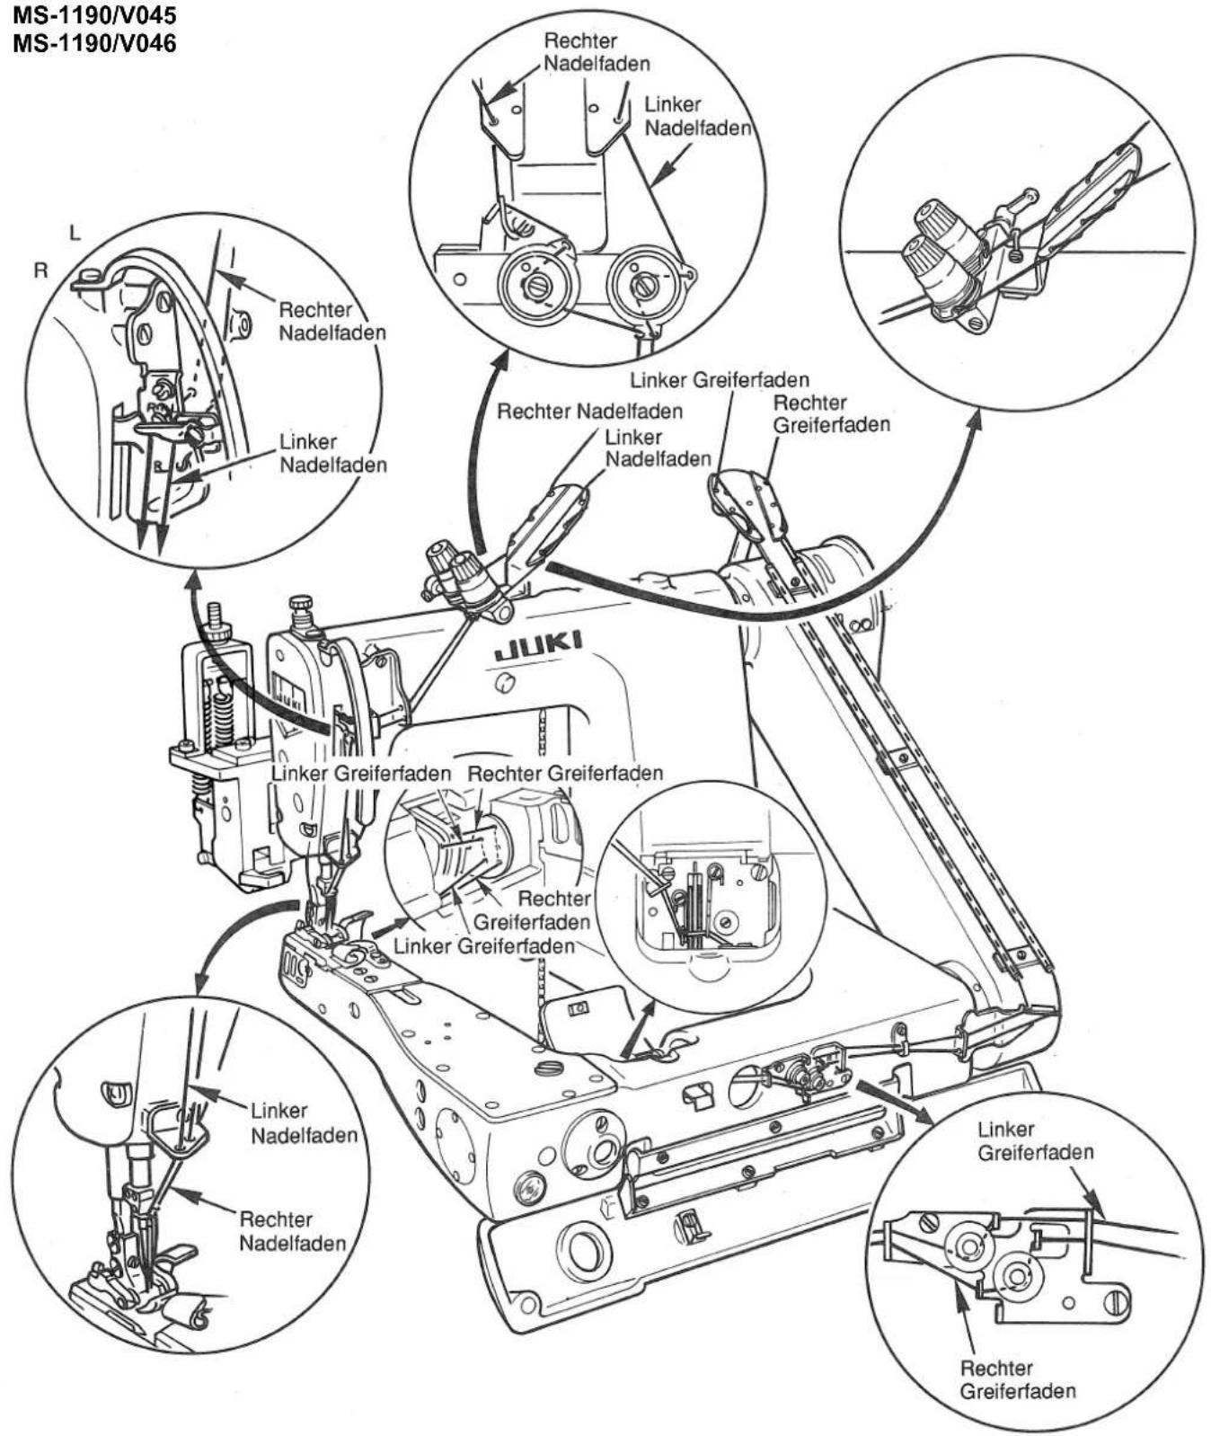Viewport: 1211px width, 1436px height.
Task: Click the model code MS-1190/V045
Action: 94,16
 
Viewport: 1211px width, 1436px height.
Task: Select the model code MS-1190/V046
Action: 94,42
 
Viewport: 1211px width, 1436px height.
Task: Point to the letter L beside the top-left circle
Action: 75,233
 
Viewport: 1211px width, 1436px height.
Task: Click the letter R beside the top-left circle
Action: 40,270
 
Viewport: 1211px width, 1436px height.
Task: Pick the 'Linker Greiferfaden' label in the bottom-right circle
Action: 1035,1140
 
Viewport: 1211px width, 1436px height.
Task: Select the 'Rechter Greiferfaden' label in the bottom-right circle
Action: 1017,1380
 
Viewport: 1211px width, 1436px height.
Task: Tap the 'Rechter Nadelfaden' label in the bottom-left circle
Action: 292,1231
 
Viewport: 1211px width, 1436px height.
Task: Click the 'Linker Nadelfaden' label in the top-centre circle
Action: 697,117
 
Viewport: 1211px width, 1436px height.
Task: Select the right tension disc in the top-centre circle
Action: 643,286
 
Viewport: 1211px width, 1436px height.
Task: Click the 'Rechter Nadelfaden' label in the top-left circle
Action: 332,321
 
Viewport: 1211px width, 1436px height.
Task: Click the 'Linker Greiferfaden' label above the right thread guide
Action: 720,379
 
